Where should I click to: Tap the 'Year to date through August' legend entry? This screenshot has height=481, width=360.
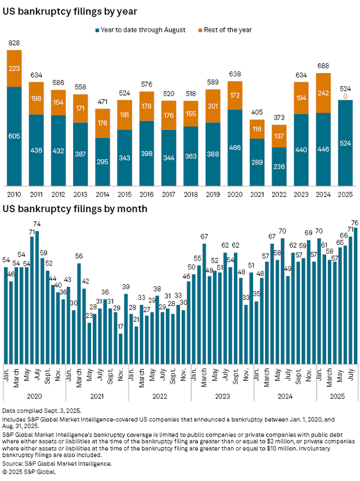(142, 29)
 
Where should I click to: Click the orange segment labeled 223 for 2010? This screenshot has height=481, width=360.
(14, 68)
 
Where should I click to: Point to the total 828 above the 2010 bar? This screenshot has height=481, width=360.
(14, 43)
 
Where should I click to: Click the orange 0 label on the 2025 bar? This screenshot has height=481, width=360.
(345, 96)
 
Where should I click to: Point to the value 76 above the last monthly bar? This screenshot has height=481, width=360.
(355, 223)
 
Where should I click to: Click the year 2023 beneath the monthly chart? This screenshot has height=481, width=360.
(222, 395)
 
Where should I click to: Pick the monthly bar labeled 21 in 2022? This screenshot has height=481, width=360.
(136, 344)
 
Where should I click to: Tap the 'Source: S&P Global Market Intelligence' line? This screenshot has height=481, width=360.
(57, 464)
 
